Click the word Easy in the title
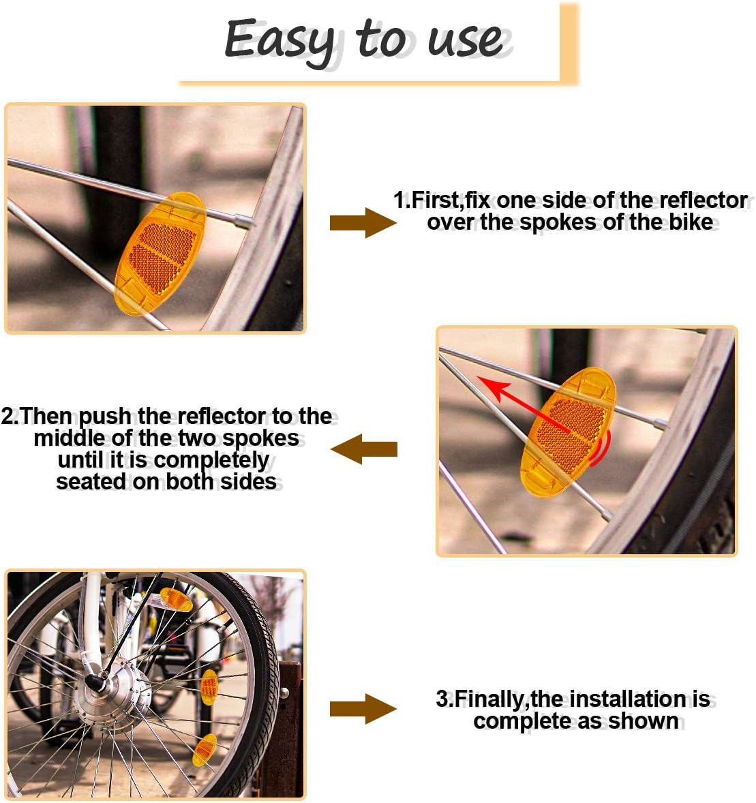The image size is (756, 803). [x=280, y=41]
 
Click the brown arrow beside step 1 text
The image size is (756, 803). [x=363, y=223]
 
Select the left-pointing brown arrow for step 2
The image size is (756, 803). [x=364, y=449]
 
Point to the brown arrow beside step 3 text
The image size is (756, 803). [x=363, y=709]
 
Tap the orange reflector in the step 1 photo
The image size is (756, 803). [x=160, y=254]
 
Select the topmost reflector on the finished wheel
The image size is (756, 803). [x=176, y=600]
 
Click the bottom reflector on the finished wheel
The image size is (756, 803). [x=205, y=750]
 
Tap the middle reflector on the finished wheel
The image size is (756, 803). [x=209, y=687]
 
